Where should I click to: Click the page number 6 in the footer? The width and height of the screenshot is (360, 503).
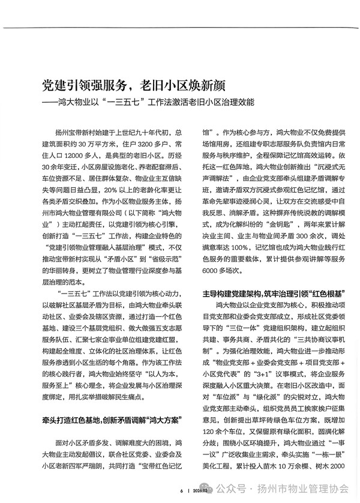click(x=181, y=491)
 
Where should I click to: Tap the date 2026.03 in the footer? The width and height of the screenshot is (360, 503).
click(x=197, y=491)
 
